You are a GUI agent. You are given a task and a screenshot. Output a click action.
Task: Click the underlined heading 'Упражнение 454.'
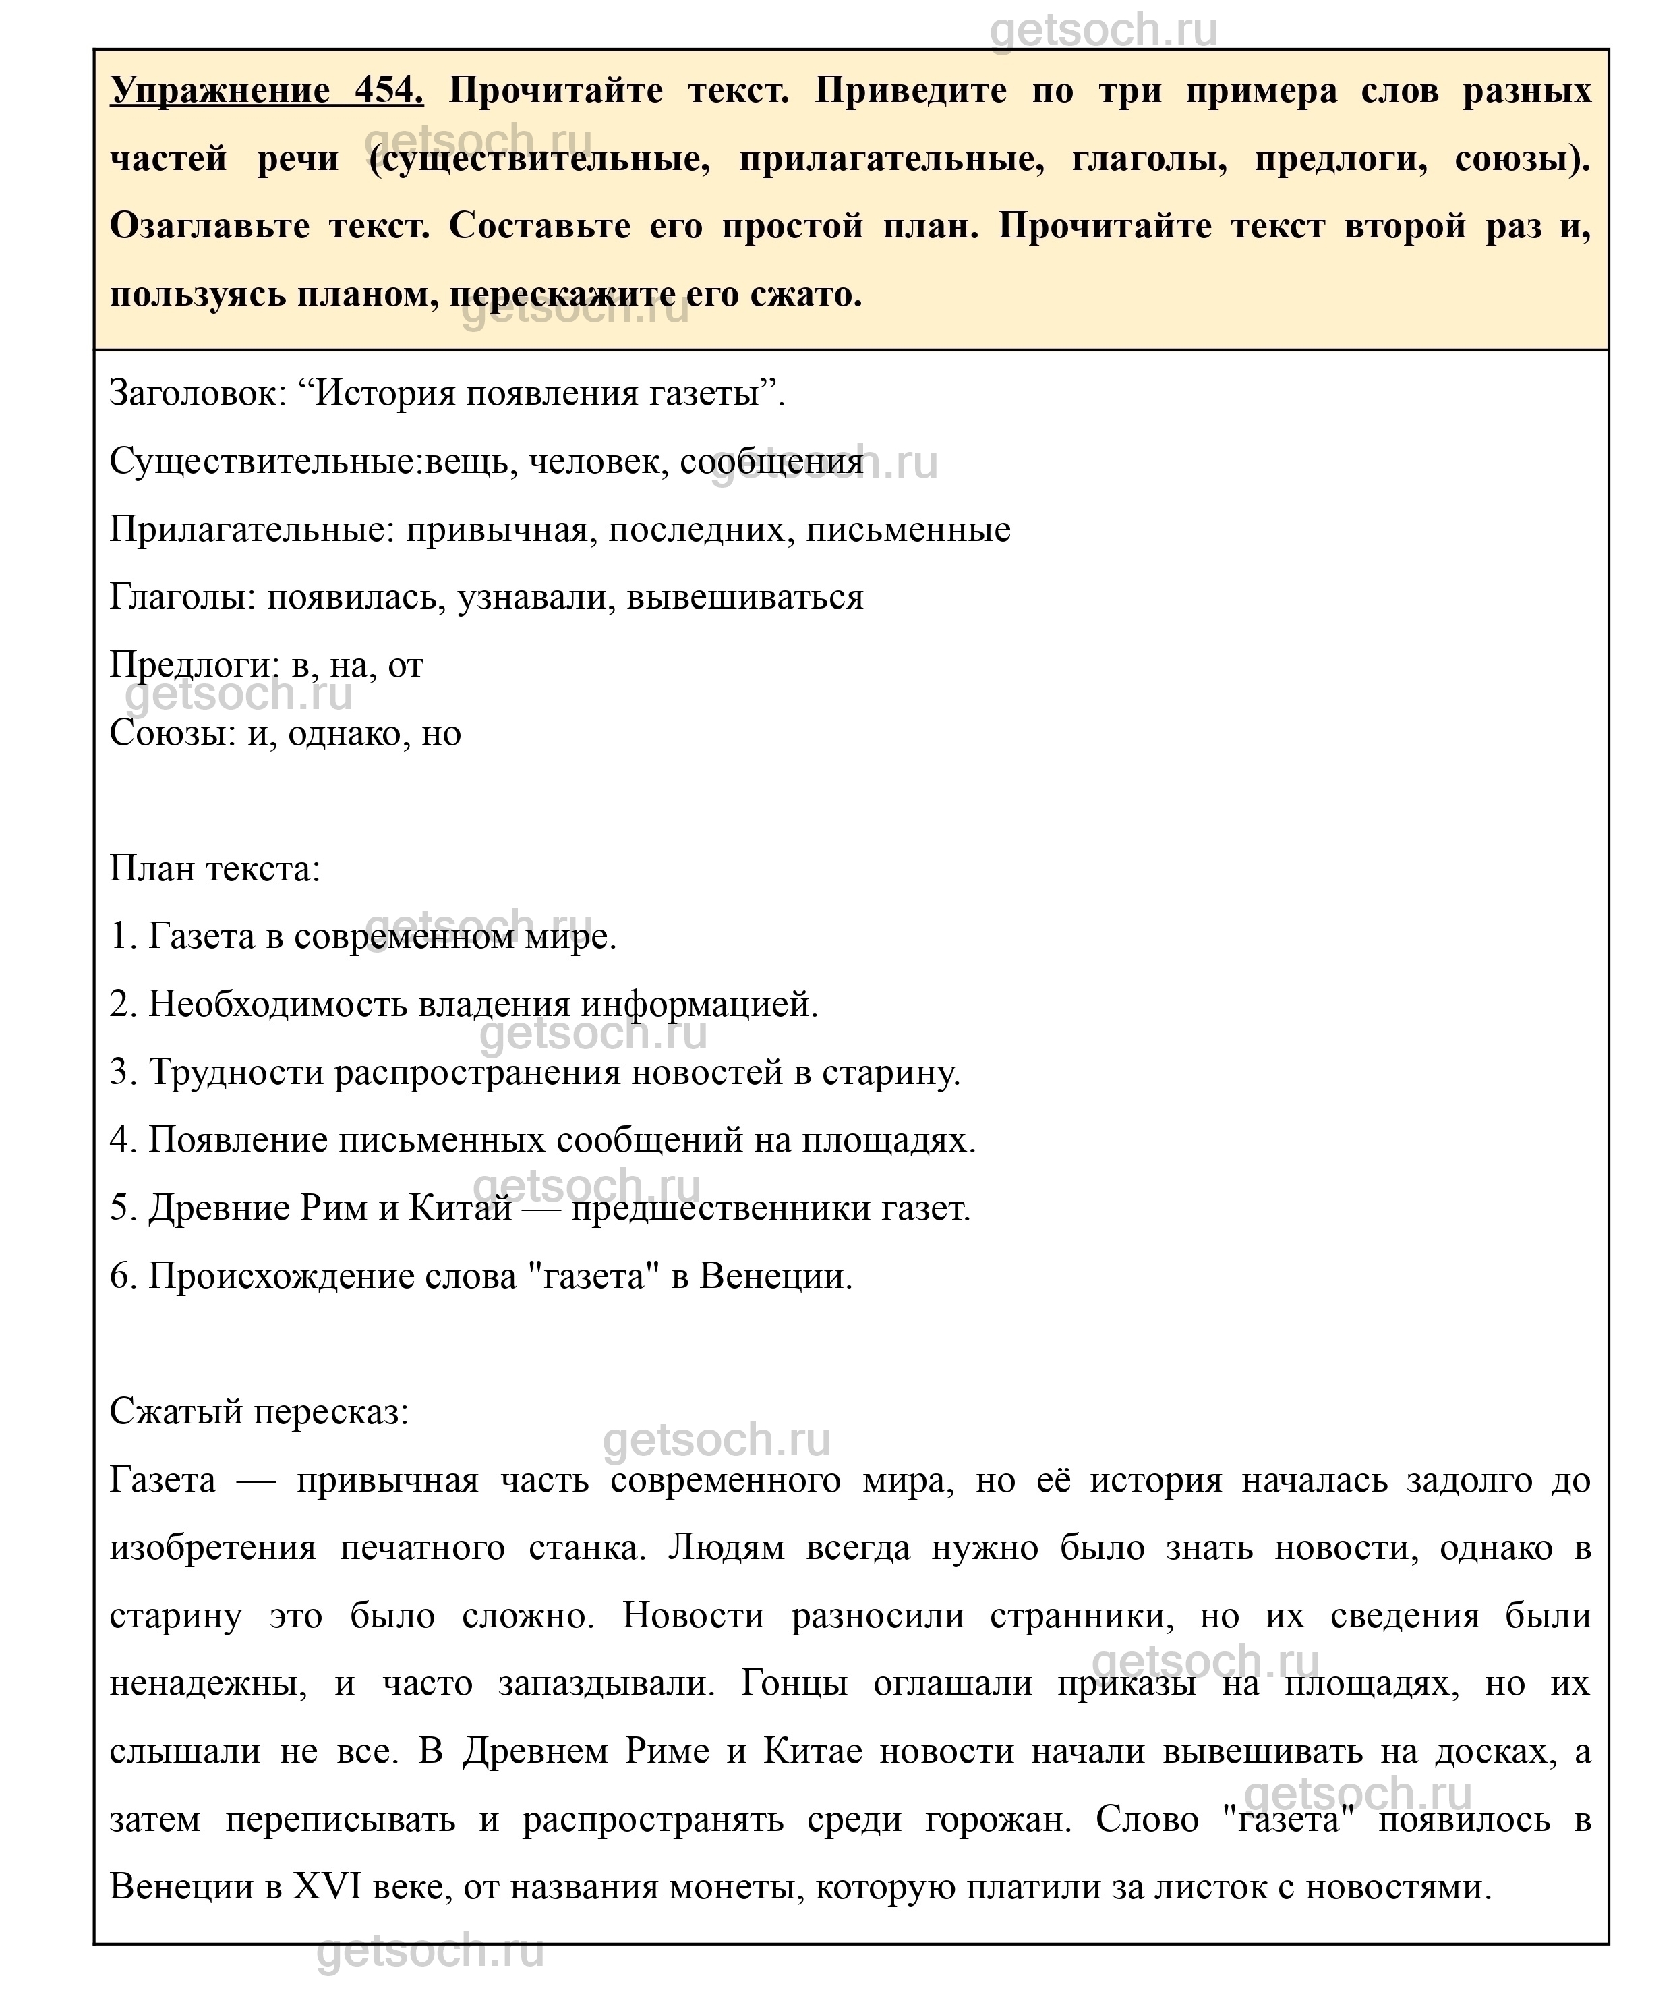coord(266,90)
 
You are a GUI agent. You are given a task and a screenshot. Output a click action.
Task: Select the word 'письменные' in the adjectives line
coord(908,529)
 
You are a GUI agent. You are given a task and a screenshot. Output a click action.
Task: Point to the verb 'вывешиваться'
coord(744,598)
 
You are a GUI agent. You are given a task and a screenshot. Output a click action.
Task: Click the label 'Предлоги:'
coord(195,665)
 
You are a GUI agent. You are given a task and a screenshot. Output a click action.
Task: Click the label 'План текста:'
coord(214,869)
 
